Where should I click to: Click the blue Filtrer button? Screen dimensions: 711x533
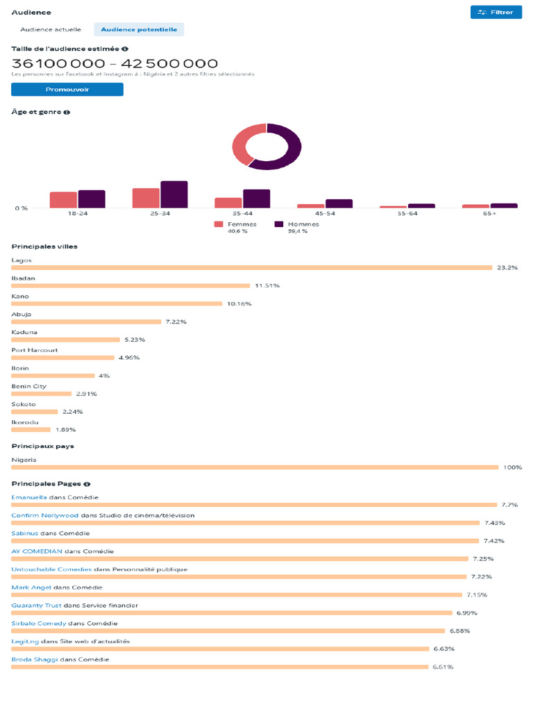click(x=496, y=12)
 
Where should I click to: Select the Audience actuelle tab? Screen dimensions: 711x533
click(x=51, y=30)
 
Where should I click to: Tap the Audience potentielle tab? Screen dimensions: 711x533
click(x=139, y=30)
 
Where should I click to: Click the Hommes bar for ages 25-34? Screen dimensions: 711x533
click(x=174, y=194)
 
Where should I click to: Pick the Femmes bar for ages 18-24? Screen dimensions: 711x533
click(x=63, y=200)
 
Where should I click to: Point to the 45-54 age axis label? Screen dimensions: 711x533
click(x=325, y=214)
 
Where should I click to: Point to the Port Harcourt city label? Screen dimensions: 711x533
click(x=35, y=350)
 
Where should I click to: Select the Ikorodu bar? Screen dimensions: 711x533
click(x=31, y=430)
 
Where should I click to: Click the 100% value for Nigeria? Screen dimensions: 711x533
click(x=512, y=467)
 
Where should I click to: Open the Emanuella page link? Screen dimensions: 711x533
click(x=29, y=497)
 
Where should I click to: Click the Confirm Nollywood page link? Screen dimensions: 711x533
click(x=45, y=515)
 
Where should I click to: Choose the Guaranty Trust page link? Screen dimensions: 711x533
click(x=36, y=605)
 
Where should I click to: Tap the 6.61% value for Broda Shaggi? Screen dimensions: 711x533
click(x=443, y=667)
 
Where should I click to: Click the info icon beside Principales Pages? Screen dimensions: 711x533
click(x=87, y=484)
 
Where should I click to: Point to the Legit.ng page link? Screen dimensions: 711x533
click(x=25, y=642)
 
